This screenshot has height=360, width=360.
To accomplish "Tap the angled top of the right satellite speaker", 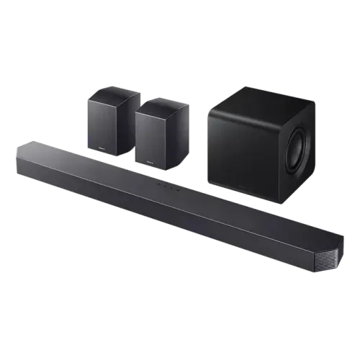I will tap(161, 100).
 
